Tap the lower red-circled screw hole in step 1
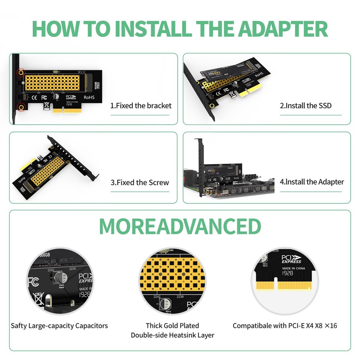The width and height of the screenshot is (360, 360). pos(21,107)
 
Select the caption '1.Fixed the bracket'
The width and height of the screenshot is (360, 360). pos(141,105)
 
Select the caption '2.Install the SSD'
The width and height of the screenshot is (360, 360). pos(306,105)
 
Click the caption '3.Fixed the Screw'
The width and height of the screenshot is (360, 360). pos(140,182)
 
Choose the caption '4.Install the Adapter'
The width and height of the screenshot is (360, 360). pos(311,182)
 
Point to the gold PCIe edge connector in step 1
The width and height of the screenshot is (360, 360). pos(65,110)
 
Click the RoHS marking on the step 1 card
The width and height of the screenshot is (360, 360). pos(90,96)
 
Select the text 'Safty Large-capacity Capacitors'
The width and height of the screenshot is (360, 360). pos(59,326)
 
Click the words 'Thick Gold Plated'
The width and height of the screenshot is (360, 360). pos(172,326)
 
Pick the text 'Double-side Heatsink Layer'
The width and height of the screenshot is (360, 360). pos(172,335)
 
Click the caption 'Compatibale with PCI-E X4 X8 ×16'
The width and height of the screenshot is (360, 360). pos(285,326)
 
